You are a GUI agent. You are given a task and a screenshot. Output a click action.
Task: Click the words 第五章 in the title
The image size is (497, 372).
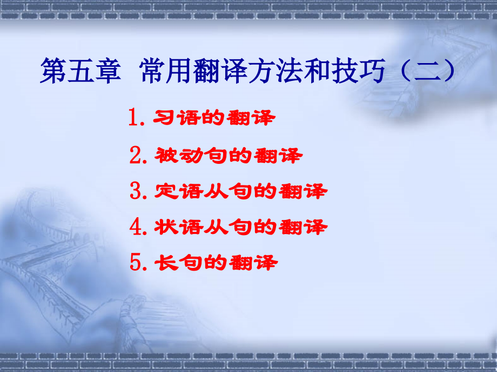tap(79, 71)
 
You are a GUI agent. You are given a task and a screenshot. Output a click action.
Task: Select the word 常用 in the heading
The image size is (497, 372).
tap(165, 71)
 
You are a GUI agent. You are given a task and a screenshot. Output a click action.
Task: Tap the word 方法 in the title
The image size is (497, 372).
tap(268, 71)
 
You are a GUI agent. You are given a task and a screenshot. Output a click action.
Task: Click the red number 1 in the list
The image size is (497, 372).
tap(135, 118)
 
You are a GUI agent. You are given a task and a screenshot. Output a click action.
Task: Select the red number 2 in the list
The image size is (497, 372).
tap(135, 156)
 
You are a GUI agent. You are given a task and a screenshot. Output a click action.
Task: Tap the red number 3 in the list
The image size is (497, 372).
tap(135, 191)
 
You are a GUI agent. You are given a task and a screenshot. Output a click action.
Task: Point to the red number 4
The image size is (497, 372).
tap(135, 227)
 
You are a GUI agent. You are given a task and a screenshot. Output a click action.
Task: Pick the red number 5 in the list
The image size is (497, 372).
tap(135, 263)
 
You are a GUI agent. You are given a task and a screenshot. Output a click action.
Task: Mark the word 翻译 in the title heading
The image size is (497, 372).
tap(217, 71)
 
